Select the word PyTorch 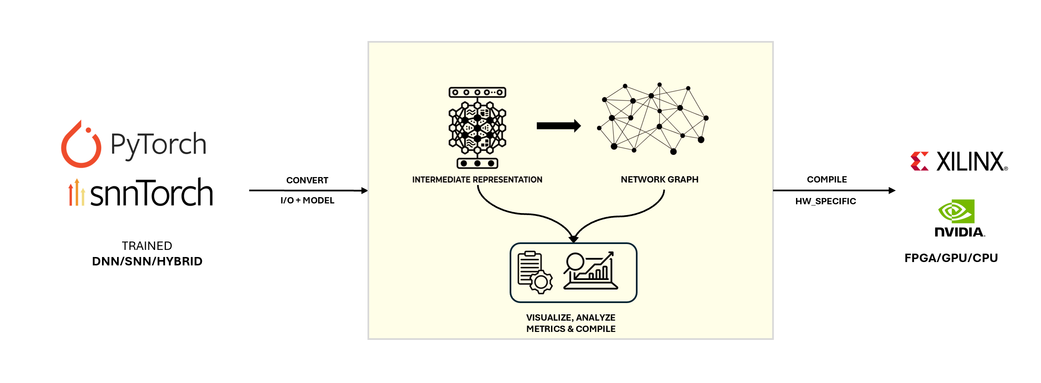[158, 145]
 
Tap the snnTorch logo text [151, 193]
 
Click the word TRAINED [147, 246]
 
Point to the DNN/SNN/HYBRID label [147, 261]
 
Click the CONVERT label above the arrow [307, 180]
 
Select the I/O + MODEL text [307, 200]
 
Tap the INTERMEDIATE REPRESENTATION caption [477, 180]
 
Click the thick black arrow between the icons [559, 126]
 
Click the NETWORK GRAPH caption [659, 180]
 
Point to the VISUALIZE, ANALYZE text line [571, 318]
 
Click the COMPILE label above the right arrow [827, 180]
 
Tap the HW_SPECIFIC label [826, 201]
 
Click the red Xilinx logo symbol [919, 161]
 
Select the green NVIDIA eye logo [957, 211]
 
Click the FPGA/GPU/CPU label [951, 258]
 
